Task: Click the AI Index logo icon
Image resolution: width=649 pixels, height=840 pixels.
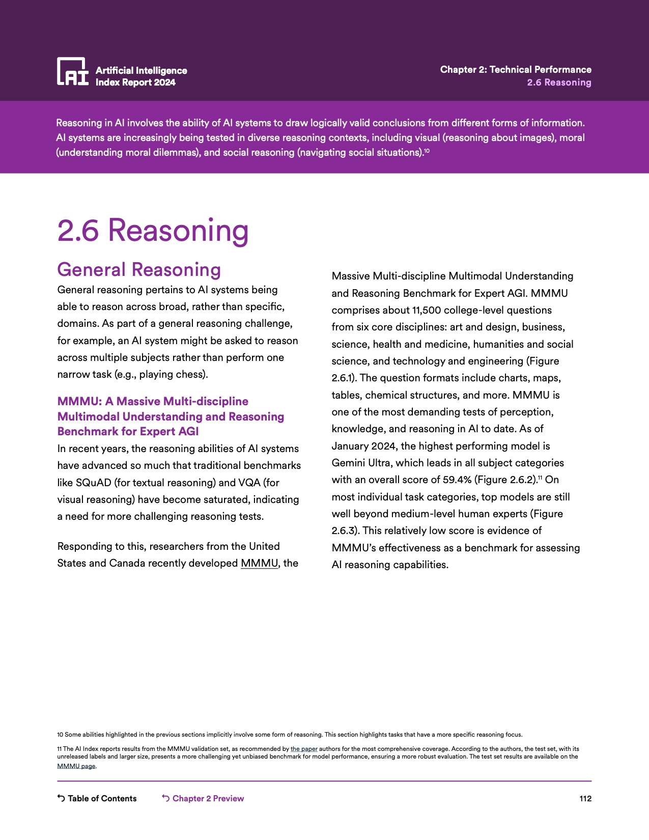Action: pos(72,71)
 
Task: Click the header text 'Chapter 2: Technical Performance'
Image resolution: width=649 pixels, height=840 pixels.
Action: pos(516,70)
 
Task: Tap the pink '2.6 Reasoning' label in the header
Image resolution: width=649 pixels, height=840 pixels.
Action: pos(559,82)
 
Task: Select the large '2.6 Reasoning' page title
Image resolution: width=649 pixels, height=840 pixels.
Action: pos(153,230)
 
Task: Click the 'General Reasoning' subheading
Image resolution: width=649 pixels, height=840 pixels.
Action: pos(139,269)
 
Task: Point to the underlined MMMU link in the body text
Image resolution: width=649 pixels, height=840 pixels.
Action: pos(259,563)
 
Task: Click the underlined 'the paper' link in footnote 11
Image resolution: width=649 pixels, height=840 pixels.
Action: pos(304,749)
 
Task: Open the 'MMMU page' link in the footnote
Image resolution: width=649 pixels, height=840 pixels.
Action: pos(76,766)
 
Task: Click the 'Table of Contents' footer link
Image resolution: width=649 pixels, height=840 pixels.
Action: pos(102,798)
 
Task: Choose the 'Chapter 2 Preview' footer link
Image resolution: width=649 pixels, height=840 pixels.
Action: pos(208,798)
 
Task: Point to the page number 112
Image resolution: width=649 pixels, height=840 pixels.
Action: pos(585,798)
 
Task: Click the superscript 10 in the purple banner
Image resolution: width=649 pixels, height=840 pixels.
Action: pos(427,151)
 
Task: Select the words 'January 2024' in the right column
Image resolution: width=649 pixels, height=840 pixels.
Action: pos(364,446)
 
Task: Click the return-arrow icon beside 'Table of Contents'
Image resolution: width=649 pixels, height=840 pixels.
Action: pos(61,798)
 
